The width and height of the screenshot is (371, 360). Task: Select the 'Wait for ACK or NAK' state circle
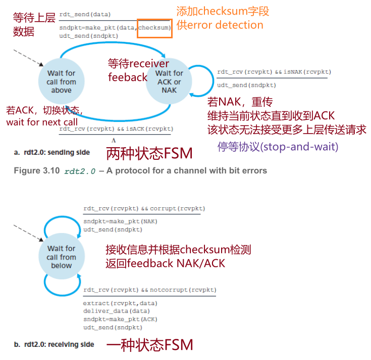(169, 82)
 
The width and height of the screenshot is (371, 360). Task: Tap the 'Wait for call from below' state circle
(61, 257)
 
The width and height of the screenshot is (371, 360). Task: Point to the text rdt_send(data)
(85, 14)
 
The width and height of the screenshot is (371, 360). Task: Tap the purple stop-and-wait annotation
(278, 147)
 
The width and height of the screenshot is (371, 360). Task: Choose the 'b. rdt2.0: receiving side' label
(54, 344)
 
